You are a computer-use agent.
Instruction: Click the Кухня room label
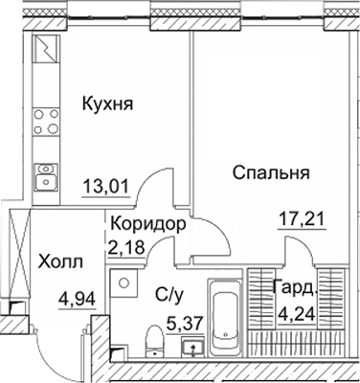coord(106,102)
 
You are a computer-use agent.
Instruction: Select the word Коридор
coord(147,222)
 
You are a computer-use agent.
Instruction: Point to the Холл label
coord(60,260)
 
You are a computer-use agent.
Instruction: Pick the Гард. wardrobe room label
coord(294,286)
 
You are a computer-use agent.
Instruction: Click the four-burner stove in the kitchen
coord(45,124)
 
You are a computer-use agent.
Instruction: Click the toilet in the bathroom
coord(151,341)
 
